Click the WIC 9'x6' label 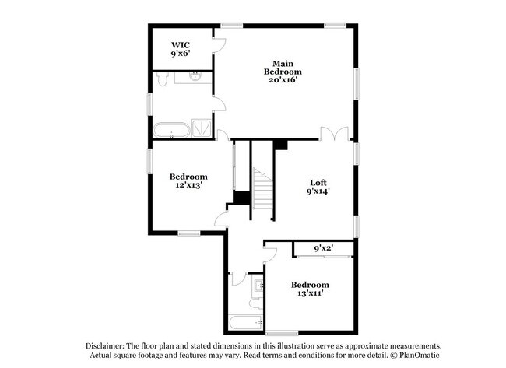[x=181, y=50]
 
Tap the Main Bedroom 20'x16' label [x=286, y=71]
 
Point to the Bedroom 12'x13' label [x=189, y=181]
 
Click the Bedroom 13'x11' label [x=310, y=289]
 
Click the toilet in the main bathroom [x=162, y=79]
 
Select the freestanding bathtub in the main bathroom [x=170, y=129]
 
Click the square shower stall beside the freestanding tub [x=202, y=129]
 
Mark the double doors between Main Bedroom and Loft [x=336, y=134]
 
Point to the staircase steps [x=263, y=191]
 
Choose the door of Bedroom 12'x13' [x=220, y=216]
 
